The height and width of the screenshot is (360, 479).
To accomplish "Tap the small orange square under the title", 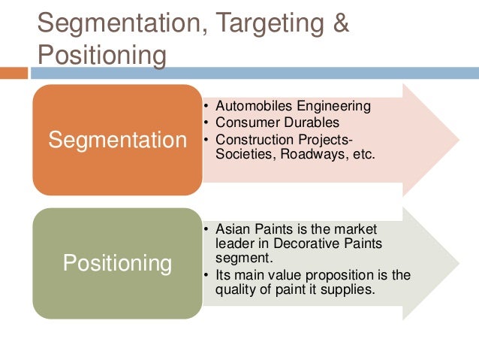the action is tap(14, 73).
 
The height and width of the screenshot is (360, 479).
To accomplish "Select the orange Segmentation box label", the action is tap(117, 140).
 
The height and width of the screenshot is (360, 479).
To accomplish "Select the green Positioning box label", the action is tap(117, 263).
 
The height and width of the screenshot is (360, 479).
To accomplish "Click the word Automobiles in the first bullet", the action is tap(249, 106).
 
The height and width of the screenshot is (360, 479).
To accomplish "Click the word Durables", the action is tap(315, 123).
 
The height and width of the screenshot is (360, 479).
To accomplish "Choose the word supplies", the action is tap(348, 290).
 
